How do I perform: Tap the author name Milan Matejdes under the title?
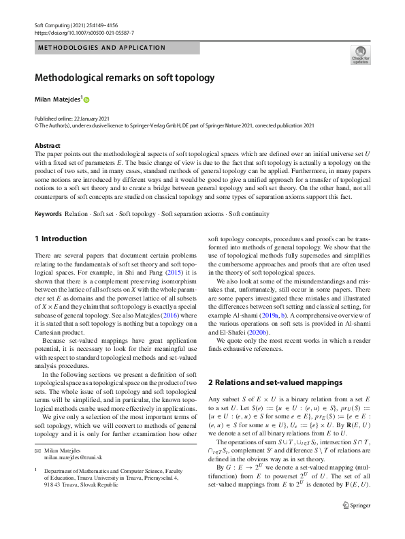[57, 99]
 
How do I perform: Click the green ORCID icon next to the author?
[86, 100]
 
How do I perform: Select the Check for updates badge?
[359, 55]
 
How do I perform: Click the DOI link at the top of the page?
[84, 32]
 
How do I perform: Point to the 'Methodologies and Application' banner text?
[101, 48]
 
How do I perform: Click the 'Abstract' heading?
[48, 145]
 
